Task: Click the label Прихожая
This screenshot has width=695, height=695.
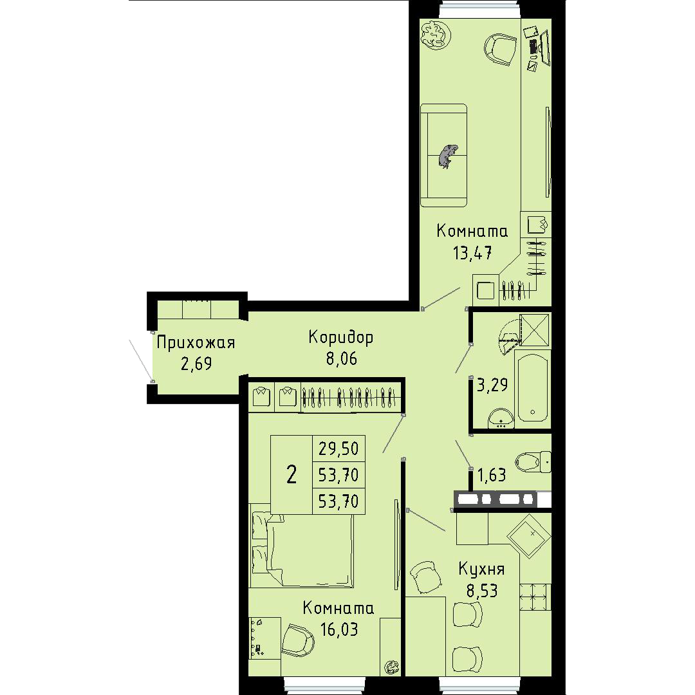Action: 196,342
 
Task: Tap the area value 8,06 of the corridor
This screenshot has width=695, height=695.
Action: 342,358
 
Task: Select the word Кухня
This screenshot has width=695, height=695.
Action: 481,569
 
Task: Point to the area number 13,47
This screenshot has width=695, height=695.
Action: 472,253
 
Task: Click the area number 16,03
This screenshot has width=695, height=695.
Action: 339,629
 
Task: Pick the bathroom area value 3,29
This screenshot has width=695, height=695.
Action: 492,385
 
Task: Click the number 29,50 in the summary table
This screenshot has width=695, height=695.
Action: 338,449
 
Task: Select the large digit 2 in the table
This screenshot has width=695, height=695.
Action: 292,475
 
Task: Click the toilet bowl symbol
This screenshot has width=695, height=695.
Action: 533,462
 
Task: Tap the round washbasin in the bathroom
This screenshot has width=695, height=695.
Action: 501,418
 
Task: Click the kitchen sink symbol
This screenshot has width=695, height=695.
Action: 529,536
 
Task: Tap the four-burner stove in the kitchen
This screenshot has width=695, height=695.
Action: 535,597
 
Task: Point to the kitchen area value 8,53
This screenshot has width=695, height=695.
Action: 482,590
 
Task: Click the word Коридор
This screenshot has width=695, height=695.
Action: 341,338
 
